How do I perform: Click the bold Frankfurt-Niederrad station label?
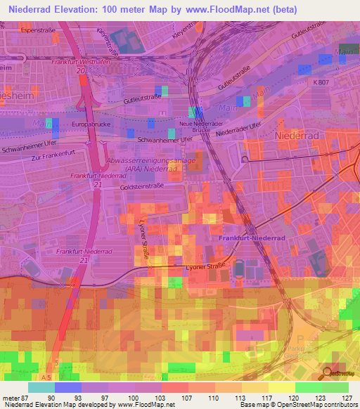[x=247, y=238]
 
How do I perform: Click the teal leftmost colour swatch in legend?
[x=42, y=387]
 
